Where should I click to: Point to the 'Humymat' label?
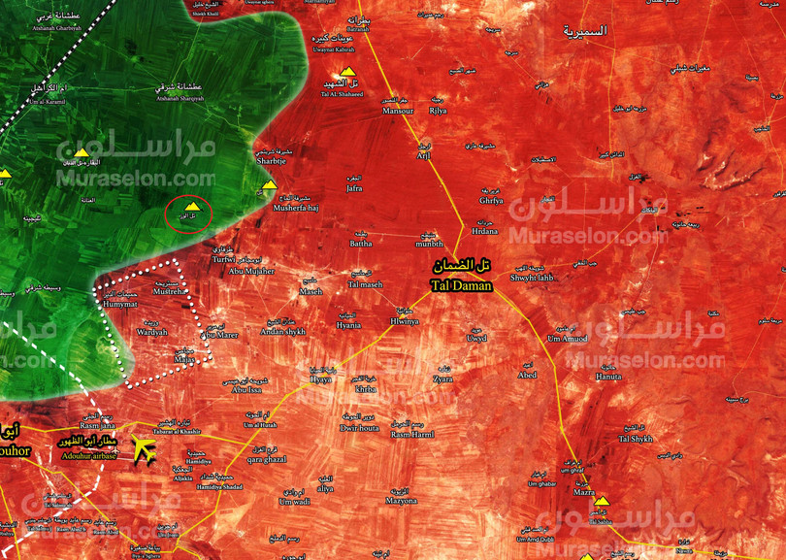(x=121, y=304)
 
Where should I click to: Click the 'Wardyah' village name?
(x=151, y=332)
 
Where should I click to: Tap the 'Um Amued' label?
(x=568, y=338)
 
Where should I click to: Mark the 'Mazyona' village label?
(x=401, y=500)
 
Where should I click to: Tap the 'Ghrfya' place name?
(x=492, y=200)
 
